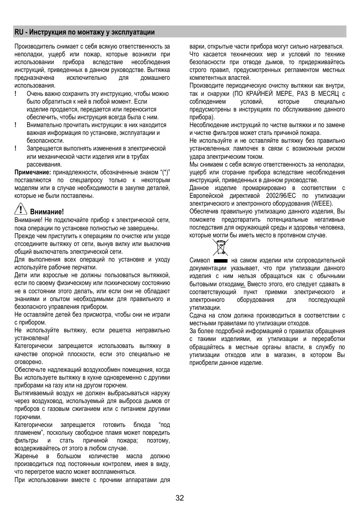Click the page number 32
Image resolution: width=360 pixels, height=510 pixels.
pos(180,498)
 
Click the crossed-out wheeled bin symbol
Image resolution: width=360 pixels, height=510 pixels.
pos(221,247)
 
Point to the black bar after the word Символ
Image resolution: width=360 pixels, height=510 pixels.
pos(221,261)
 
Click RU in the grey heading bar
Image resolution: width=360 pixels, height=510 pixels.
pos(19,32)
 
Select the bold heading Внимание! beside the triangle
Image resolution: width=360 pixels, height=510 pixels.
pos(47,212)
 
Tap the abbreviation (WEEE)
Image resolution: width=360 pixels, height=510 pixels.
pos(322,203)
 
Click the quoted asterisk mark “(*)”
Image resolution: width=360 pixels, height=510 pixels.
pos(164,172)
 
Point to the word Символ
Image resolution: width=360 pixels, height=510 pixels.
pos(200,260)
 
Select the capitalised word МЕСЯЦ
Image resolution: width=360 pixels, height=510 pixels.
pos(329,93)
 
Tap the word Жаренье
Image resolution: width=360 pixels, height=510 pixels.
pos(26,457)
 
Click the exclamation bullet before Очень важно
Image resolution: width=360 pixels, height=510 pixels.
pos(16,94)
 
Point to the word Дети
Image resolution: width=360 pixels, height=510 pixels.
pos(21,275)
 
